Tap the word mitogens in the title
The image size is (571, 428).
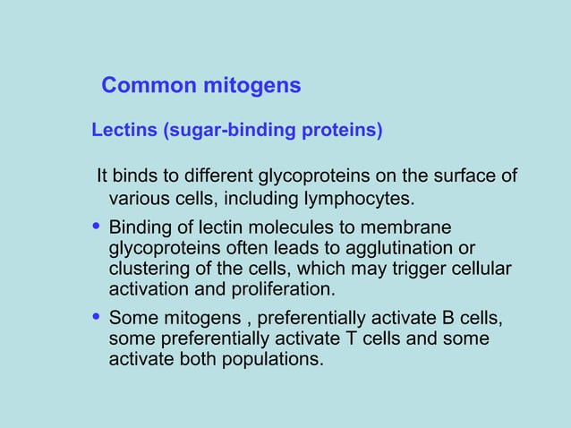(252, 86)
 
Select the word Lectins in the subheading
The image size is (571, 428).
(124, 131)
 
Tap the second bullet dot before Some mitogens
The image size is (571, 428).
(97, 316)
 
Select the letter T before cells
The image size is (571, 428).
(350, 338)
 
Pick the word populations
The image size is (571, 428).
(271, 360)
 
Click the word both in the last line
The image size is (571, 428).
(195, 360)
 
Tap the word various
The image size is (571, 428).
(138, 197)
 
